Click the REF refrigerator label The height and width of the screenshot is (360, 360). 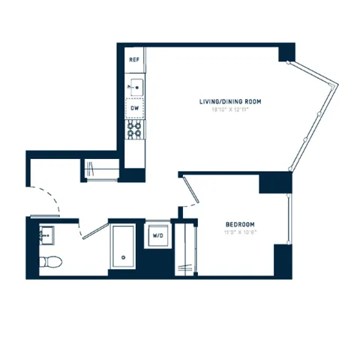[x=135, y=58]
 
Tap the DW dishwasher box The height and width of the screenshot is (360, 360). [x=135, y=108]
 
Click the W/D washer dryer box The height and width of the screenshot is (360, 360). [x=158, y=235]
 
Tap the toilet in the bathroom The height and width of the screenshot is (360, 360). [x=51, y=262]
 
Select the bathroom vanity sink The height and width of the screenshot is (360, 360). [x=46, y=234]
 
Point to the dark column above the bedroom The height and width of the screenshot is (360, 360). [x=275, y=182]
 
